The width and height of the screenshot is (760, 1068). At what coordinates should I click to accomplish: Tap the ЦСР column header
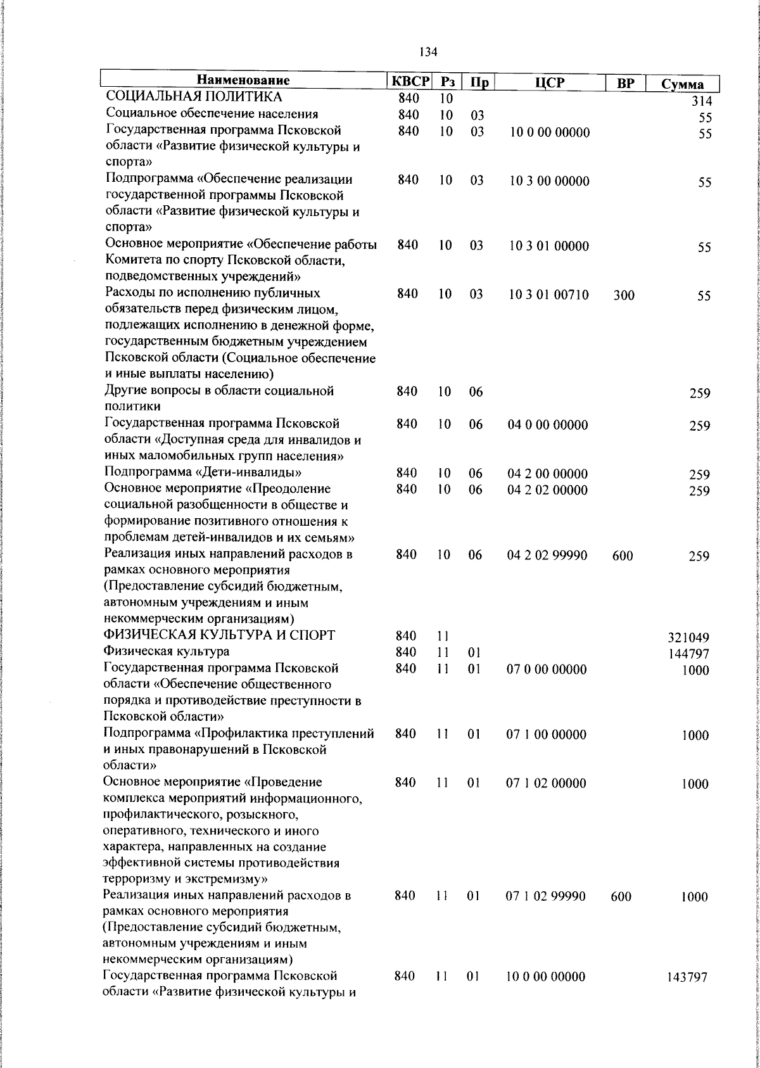(x=549, y=82)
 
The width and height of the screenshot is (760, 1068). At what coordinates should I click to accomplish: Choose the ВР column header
(x=625, y=83)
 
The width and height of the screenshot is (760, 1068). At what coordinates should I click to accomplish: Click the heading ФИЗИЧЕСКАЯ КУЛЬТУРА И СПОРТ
(x=220, y=635)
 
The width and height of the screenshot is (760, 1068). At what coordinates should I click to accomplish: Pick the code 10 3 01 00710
(x=549, y=295)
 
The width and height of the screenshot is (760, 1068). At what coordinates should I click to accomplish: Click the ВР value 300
(x=624, y=295)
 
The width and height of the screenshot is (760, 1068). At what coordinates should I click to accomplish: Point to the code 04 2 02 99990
(x=547, y=556)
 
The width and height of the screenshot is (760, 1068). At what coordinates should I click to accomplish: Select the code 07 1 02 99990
(x=546, y=896)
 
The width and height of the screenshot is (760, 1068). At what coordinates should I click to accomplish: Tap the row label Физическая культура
(x=167, y=651)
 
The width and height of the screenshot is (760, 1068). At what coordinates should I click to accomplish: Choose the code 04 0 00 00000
(x=547, y=424)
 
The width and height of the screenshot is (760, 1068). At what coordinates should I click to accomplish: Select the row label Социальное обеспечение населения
(x=212, y=114)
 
